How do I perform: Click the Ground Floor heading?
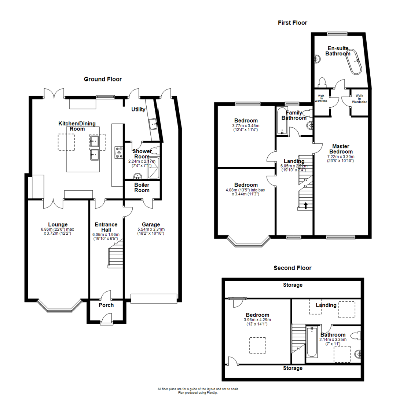coord(103,79)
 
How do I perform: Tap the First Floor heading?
coord(292,23)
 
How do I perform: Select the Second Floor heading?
coord(293,268)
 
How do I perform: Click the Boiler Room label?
coord(142,187)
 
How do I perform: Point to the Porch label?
coord(106,305)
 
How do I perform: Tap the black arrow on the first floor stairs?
coord(305,206)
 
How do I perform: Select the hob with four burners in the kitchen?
coord(119,153)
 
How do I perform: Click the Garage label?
coord(151,225)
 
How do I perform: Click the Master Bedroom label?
coord(341,149)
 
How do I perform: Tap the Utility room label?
coord(139,109)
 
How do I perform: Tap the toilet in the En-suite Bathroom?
coord(323,82)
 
